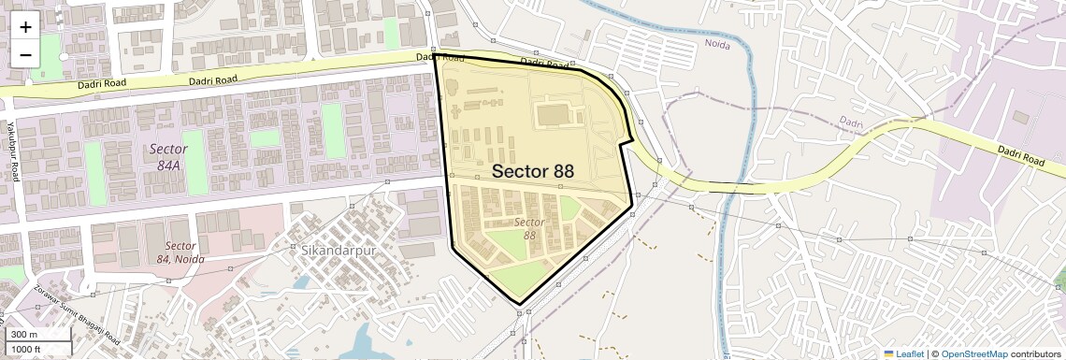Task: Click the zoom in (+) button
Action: point(25,27)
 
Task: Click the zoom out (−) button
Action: point(25,54)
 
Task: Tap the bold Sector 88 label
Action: point(532,171)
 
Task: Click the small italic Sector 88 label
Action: point(529,228)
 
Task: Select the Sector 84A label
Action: point(168,156)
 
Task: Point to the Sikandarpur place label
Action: point(339,251)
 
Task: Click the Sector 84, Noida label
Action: point(179,252)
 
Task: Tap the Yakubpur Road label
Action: point(13,150)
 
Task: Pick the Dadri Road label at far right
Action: point(1020,155)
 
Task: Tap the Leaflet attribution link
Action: point(902,353)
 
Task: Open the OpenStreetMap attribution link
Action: point(973,353)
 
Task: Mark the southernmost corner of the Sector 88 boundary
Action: point(520,304)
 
